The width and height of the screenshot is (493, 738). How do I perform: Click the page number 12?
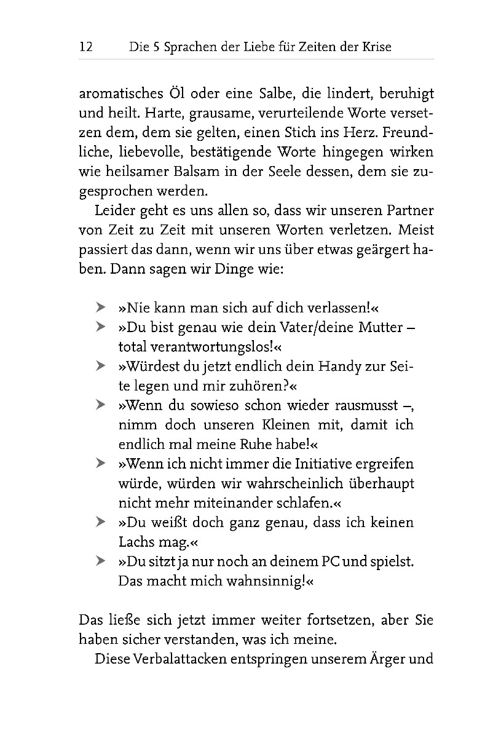pos(85,47)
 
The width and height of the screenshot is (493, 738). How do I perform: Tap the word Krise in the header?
pos(376,47)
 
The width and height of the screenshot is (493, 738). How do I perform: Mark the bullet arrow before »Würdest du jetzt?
pos(100,366)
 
